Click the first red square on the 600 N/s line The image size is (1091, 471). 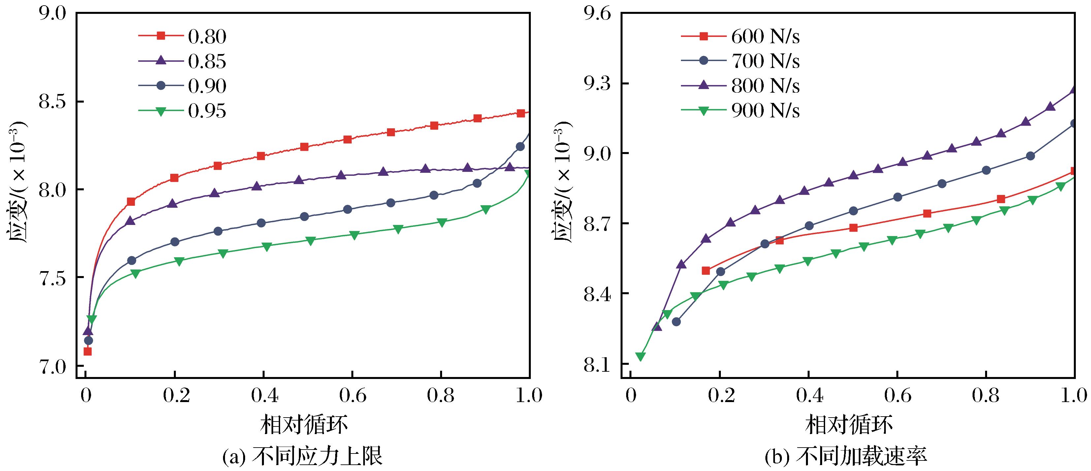pyautogui.click(x=706, y=271)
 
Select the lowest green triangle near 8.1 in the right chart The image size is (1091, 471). pyautogui.click(x=640, y=356)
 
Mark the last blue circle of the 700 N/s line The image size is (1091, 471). pyautogui.click(x=1074, y=124)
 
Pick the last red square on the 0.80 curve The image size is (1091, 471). pyautogui.click(x=521, y=113)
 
